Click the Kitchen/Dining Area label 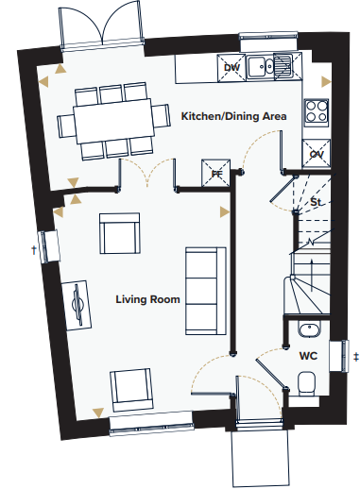(233, 116)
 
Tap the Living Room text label (147, 299)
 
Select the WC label (308, 356)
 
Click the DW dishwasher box (231, 67)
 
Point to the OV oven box (317, 154)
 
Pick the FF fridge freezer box (215, 173)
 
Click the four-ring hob (317, 111)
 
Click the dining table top (113, 121)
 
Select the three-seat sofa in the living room (206, 291)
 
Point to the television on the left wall (77, 305)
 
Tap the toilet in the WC (306, 383)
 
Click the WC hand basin (309, 329)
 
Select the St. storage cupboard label (316, 202)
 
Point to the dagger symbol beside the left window (34, 250)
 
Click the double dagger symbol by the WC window (356, 357)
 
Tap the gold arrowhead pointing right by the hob (326, 82)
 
